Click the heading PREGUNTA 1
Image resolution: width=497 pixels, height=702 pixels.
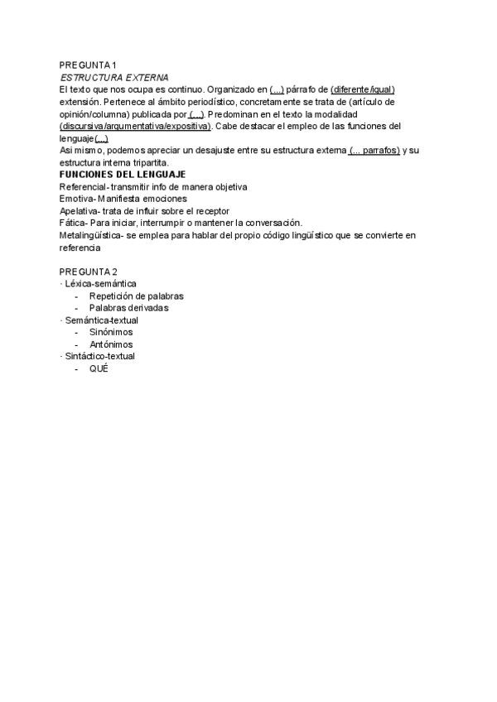tap(89, 65)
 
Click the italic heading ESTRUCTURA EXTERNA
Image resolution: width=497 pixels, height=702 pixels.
tap(114, 77)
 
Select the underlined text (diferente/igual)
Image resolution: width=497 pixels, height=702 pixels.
tap(363, 89)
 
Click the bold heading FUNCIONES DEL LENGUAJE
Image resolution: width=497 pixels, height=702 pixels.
tap(122, 175)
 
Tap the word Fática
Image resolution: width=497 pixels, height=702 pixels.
tap(73, 224)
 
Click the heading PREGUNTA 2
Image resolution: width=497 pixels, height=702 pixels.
tap(89, 272)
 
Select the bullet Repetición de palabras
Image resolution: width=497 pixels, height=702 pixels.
tap(137, 296)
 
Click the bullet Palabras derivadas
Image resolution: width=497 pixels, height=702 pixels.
tap(129, 308)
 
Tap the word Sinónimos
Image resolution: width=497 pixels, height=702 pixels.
tap(111, 332)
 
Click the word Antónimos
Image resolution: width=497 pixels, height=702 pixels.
tap(111, 344)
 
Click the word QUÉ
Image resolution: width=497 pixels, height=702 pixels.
tap(99, 368)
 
